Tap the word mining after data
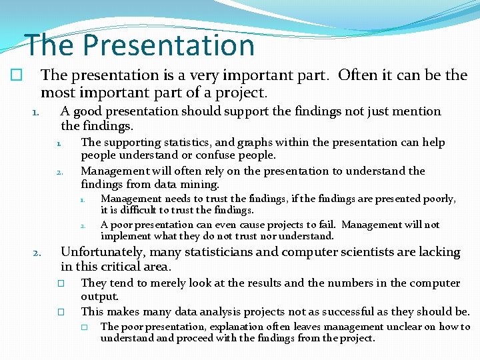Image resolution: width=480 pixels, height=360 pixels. (202, 184)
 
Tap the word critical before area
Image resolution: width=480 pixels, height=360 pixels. (125, 267)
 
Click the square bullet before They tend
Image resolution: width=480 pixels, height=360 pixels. (61, 283)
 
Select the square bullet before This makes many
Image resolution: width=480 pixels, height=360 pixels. (61, 312)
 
